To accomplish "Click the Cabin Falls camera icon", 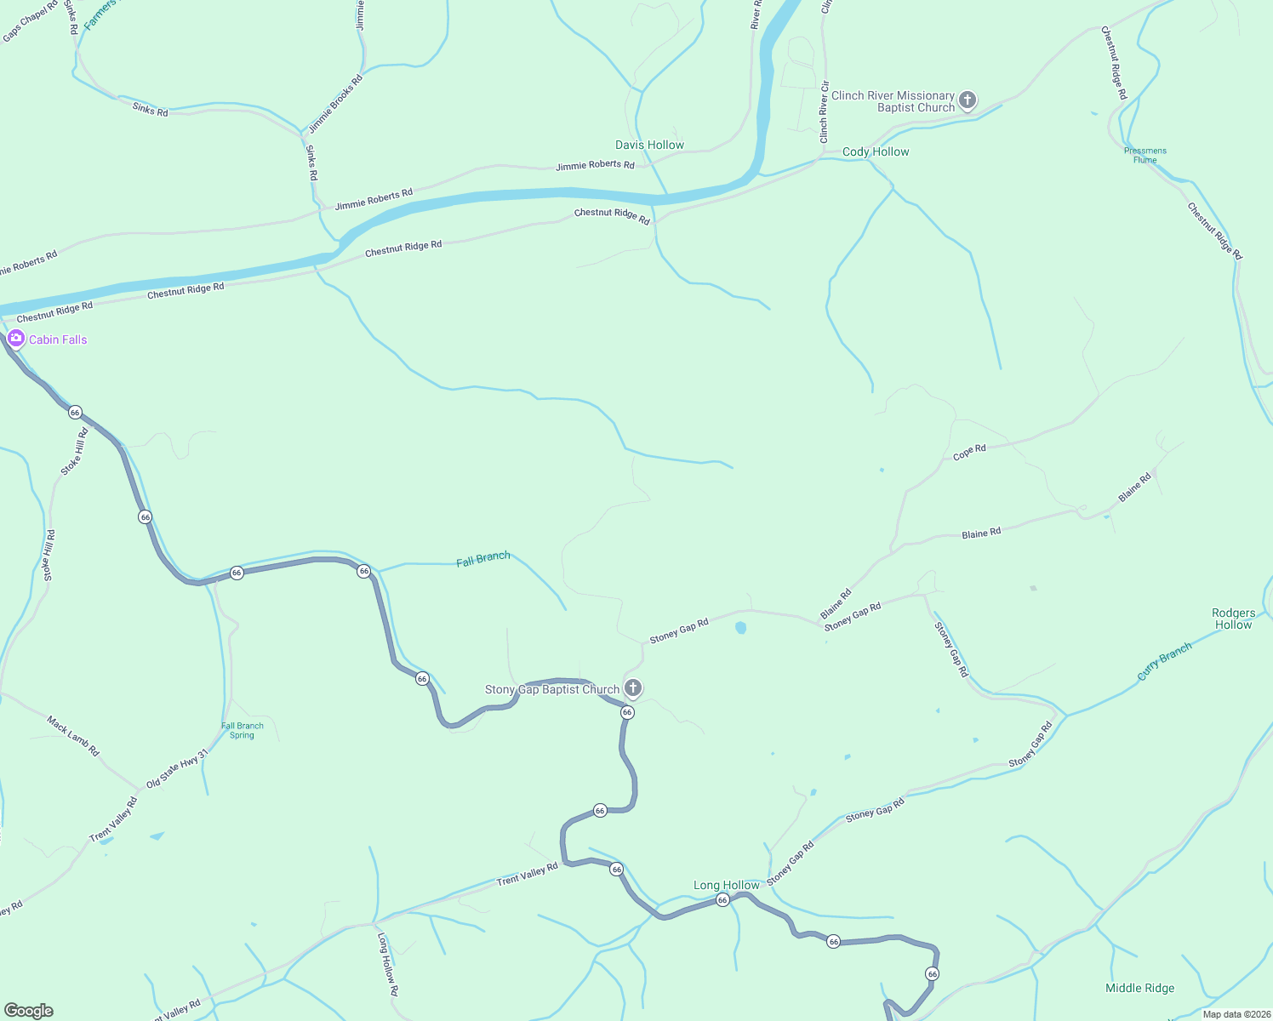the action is (x=15, y=339).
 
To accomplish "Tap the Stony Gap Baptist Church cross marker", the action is (x=632, y=687).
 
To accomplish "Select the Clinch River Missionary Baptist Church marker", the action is (x=967, y=100).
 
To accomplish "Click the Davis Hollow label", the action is (x=649, y=145).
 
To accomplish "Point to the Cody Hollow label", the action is (x=876, y=151).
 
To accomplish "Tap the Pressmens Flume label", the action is (x=1145, y=155).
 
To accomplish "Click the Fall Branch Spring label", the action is (x=243, y=730).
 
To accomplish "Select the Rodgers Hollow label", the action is (x=1233, y=619).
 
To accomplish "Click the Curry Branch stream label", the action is (x=1164, y=661).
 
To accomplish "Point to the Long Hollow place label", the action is (x=726, y=885).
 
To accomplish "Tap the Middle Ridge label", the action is (x=1139, y=988).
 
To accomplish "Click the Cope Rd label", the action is (x=969, y=452).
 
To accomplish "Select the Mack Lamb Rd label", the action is (x=73, y=737).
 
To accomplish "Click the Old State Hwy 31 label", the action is (x=177, y=769).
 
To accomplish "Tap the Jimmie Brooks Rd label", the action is (x=335, y=104).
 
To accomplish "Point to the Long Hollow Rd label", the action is (x=388, y=965).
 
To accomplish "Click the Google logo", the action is (x=29, y=1011).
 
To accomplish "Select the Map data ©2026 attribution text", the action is (x=1236, y=1013).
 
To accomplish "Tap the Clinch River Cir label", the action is (x=824, y=112).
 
